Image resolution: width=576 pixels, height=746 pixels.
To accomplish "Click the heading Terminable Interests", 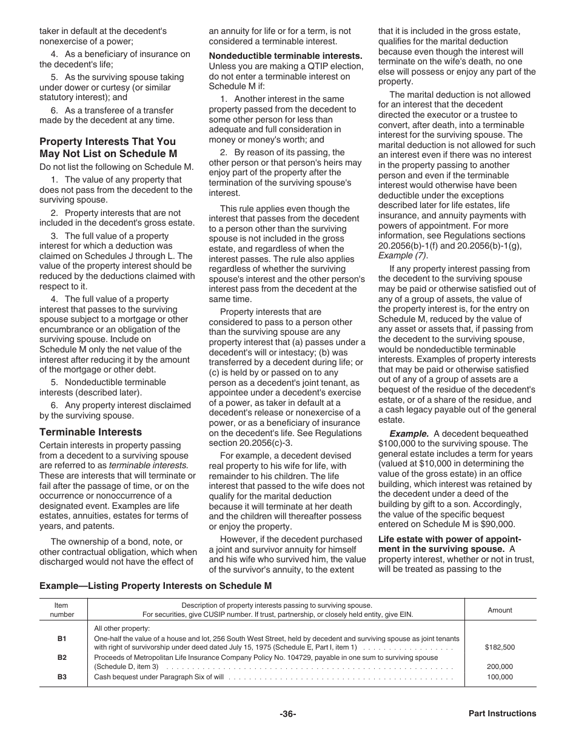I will point(90,432).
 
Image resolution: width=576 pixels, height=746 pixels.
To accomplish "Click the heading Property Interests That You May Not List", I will point(107,148).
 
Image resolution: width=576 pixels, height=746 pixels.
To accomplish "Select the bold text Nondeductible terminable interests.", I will point(286,56).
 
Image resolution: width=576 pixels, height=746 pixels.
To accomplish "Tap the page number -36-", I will point(288,714).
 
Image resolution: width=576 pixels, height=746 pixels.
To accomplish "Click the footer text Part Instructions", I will point(502,714).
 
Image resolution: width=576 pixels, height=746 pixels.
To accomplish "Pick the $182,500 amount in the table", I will point(500,647).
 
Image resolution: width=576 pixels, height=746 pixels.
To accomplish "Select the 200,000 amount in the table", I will point(500,667).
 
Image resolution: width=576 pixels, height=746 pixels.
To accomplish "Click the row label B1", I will point(62,639).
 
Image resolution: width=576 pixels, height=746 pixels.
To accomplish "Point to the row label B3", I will point(62,677).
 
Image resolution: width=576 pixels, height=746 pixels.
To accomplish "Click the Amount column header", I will point(500,610).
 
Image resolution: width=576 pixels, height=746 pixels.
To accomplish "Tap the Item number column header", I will point(62,610).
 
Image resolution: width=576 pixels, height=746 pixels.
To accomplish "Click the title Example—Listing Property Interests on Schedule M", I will point(156,586).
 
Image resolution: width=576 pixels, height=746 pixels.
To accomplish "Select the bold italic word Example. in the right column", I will point(408,434).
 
